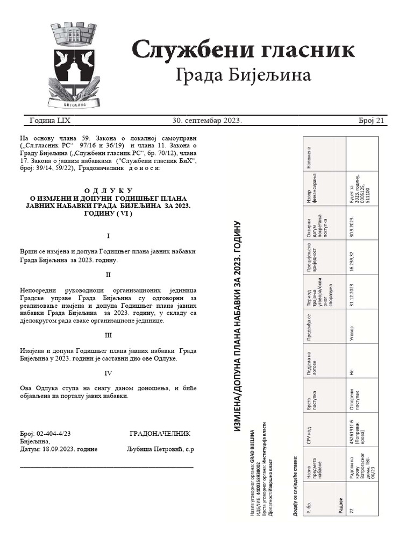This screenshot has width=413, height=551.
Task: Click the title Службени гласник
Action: coord(243,50)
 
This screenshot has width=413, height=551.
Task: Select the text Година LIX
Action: coord(50,121)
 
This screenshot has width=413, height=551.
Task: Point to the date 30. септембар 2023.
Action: coord(207,121)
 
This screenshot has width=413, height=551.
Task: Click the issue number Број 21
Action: coord(371,121)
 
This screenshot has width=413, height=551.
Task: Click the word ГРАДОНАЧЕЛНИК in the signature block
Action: coord(160,434)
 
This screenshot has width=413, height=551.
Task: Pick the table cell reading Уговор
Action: coord(352,326)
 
